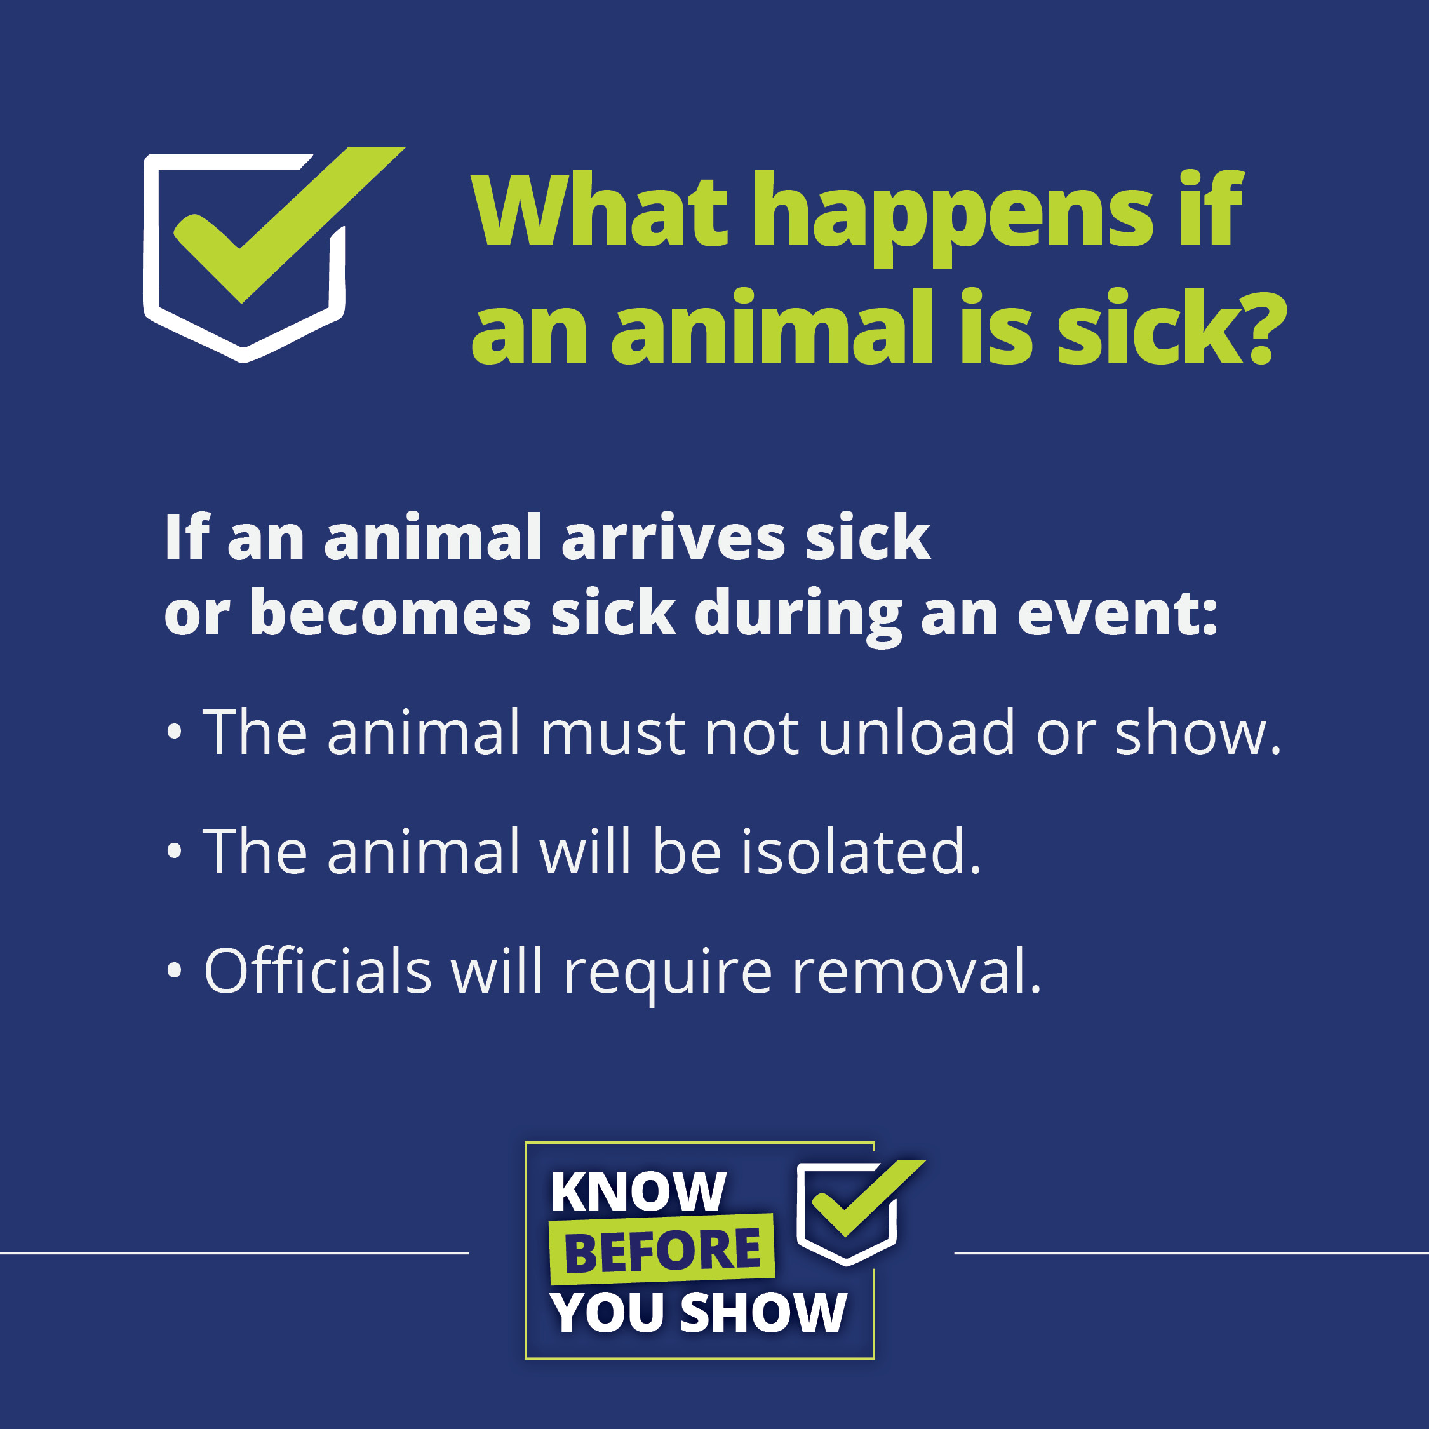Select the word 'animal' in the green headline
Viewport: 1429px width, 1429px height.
(772, 328)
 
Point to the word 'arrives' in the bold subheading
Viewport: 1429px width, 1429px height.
(673, 538)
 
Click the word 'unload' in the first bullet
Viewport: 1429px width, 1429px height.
(916, 732)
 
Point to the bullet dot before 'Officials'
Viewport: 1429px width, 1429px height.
(174, 970)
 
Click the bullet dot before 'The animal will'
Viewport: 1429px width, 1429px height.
(174, 851)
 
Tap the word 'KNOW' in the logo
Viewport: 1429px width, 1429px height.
(638, 1191)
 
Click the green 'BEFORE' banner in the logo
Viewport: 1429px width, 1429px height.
(662, 1250)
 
